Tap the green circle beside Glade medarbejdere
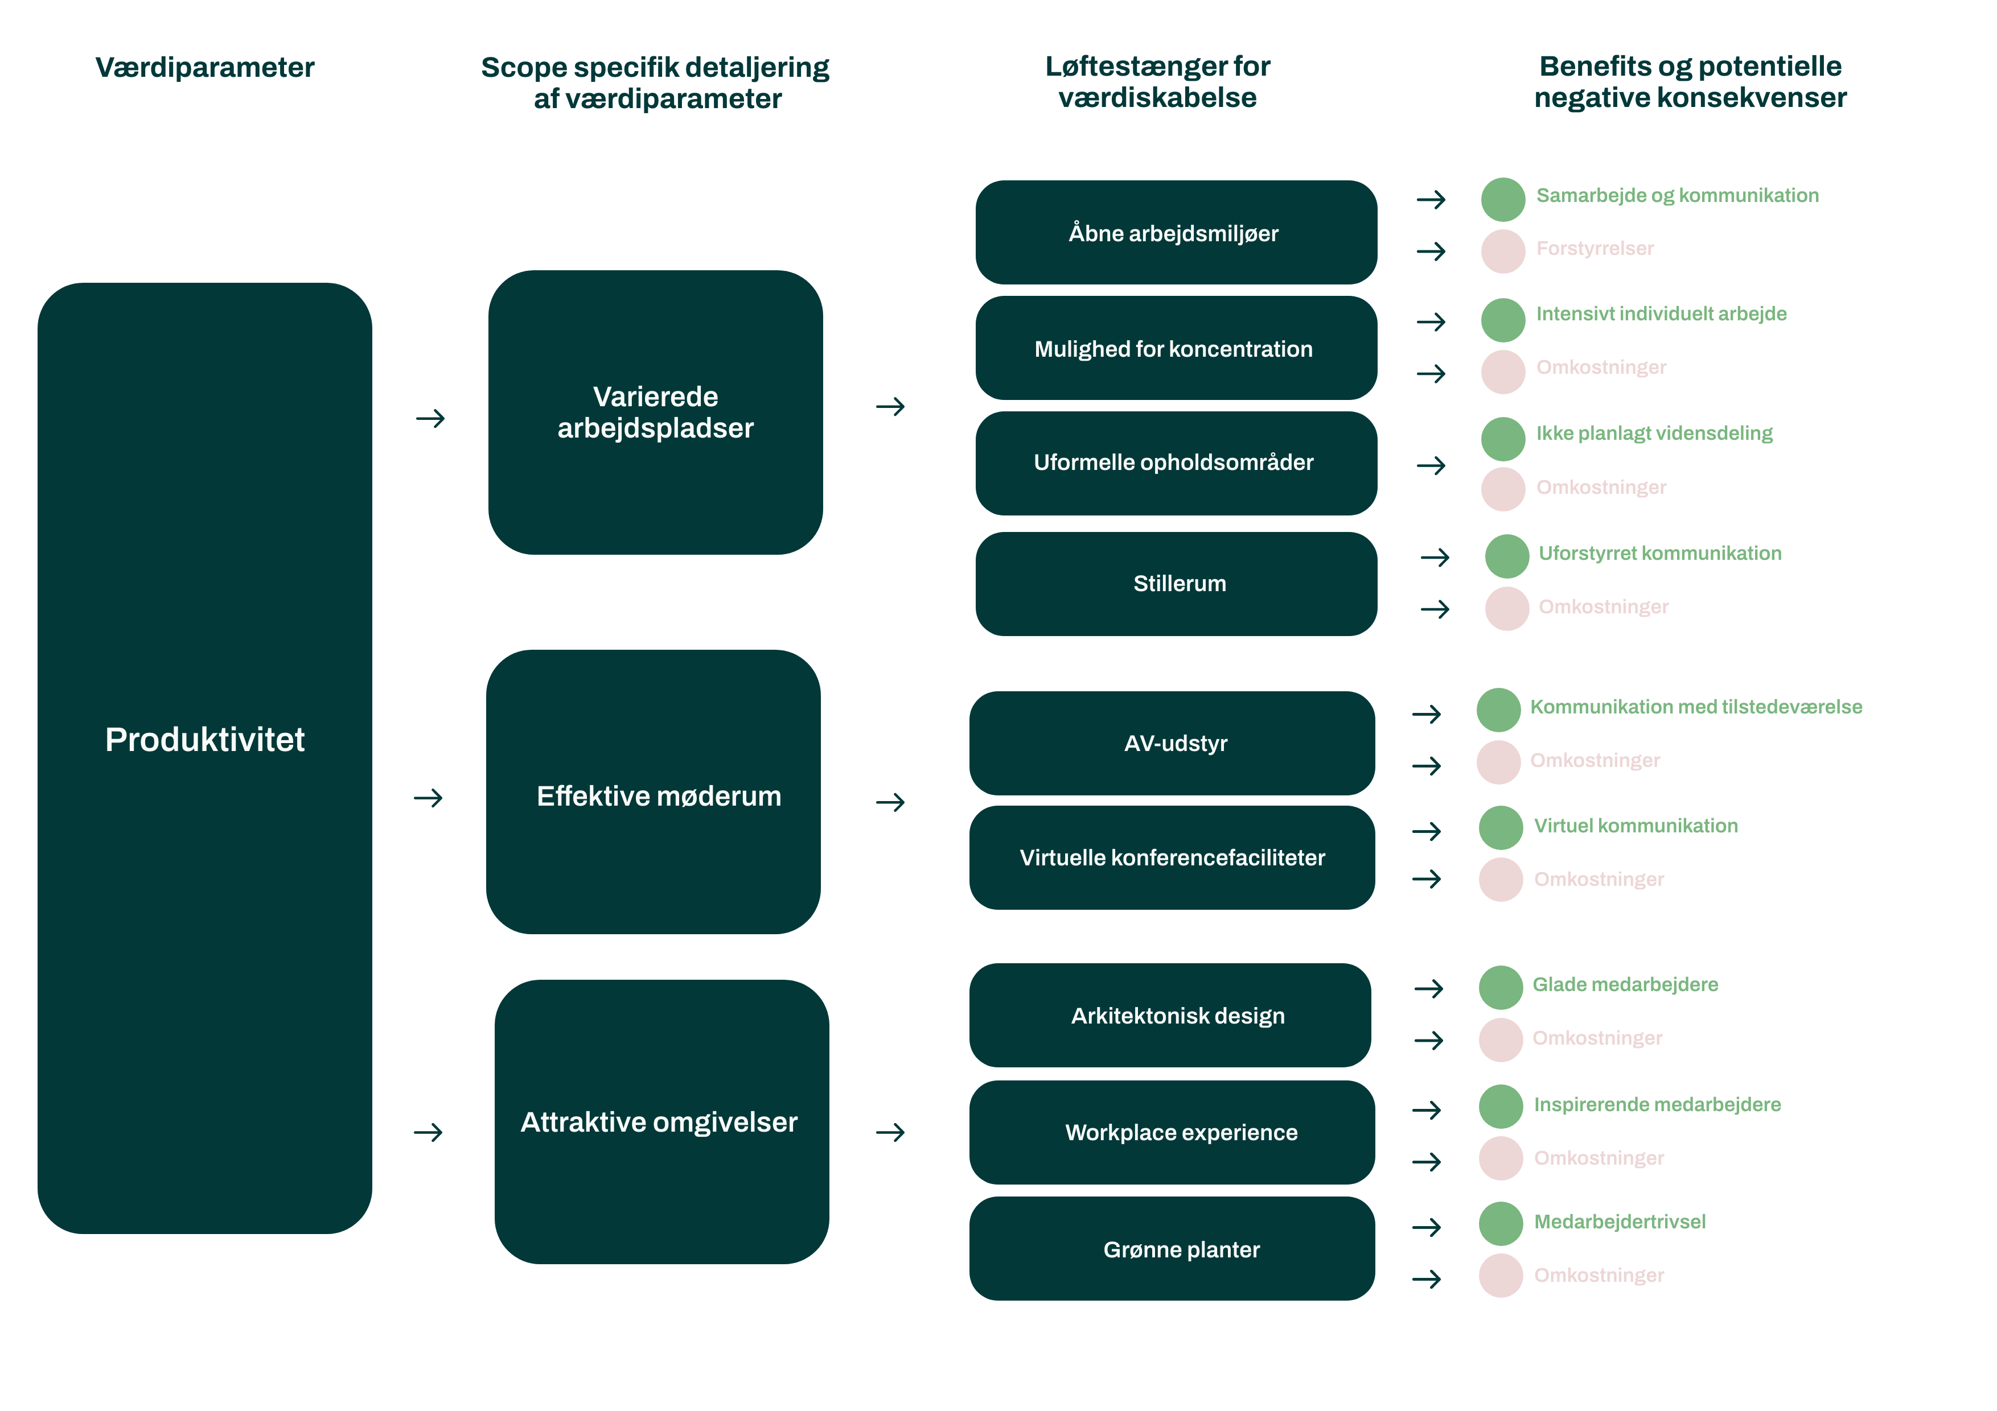1501,988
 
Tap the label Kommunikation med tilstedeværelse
1695,707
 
